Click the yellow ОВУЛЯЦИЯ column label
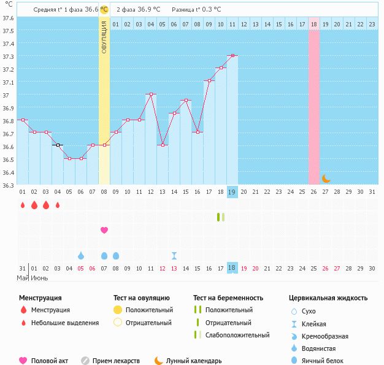(x=104, y=37)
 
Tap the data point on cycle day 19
(x=232, y=56)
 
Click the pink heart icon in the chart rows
(x=104, y=230)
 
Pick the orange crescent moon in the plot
(x=326, y=179)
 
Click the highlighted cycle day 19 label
(x=232, y=191)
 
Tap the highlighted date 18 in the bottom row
(x=232, y=268)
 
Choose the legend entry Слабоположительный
(x=237, y=335)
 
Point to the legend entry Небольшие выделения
(x=65, y=323)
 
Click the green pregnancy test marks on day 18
(x=221, y=217)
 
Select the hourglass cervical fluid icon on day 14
(x=174, y=255)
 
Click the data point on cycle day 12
(x=151, y=94)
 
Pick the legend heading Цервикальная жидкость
(x=328, y=298)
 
